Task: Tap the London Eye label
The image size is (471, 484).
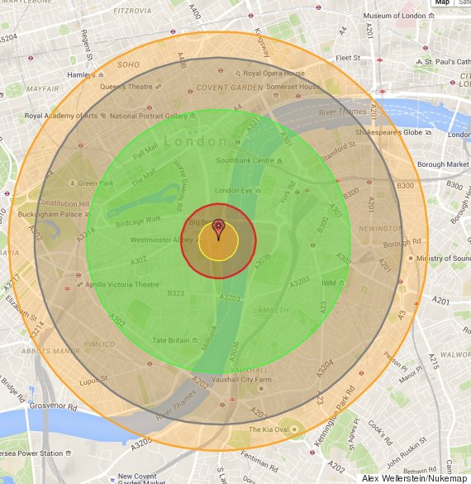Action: click(235, 191)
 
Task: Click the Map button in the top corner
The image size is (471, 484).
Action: click(442, 3)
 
